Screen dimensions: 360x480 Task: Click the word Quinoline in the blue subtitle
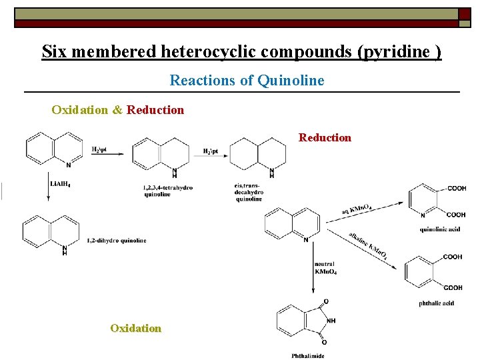click(291, 81)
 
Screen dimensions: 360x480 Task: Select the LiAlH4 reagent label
click(60, 184)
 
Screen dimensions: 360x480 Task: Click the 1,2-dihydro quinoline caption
click(117, 240)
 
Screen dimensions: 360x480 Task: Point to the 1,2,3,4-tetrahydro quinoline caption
click(167, 191)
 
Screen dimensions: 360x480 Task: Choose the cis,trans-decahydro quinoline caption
click(249, 191)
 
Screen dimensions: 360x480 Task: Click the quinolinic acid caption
click(440, 229)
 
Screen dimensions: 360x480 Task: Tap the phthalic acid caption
click(437, 303)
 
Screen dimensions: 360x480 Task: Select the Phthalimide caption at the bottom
click(307, 355)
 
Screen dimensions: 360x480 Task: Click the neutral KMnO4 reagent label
click(325, 268)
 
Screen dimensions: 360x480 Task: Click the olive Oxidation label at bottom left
click(135, 328)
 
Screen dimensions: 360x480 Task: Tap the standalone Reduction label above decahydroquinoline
click(325, 137)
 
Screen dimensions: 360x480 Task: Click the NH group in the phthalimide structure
click(331, 321)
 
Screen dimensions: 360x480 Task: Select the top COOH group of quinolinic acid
click(457, 189)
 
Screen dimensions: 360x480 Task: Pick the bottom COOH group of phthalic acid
click(453, 288)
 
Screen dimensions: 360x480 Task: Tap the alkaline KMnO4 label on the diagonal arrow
click(367, 245)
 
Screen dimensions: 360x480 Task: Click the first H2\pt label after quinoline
click(99, 149)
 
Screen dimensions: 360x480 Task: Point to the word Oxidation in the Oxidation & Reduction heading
click(79, 109)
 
